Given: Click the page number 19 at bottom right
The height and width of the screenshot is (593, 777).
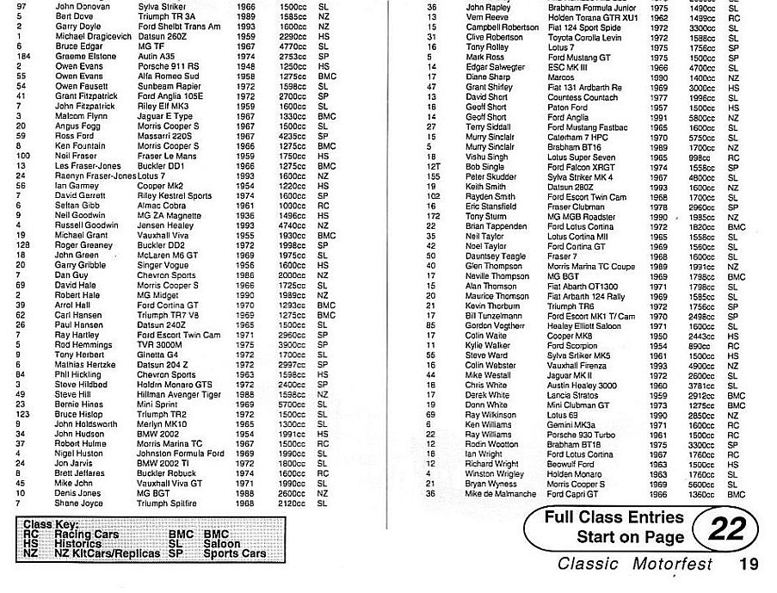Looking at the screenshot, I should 746,565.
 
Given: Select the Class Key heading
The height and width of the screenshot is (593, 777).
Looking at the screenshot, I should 51,524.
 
